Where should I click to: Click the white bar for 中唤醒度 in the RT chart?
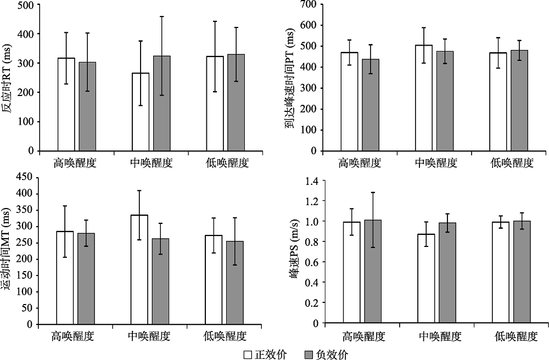click(141, 112)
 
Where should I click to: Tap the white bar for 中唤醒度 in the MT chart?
click(139, 269)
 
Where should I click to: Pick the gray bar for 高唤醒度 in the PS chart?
click(372, 271)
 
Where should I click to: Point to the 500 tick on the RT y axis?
click(26, 5)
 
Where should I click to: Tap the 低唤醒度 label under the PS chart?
click(514, 336)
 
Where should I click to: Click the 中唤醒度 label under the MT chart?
click(150, 335)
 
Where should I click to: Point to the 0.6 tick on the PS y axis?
click(312, 262)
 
